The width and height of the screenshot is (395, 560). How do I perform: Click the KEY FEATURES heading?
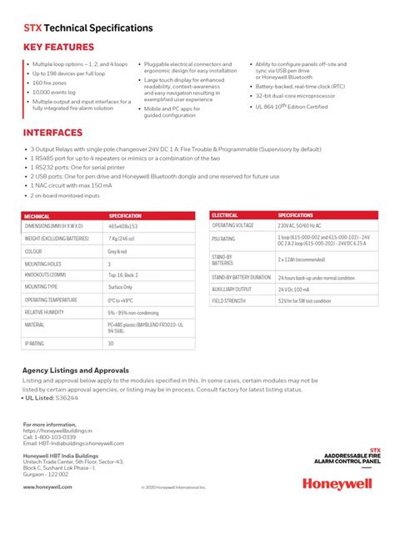coord(58,48)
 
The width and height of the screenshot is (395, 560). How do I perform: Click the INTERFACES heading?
coord(52,133)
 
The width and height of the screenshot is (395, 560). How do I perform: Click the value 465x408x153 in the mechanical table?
coord(123,226)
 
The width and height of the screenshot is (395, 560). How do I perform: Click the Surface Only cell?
coord(121,286)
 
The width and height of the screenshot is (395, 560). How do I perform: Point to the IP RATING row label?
coord(34,343)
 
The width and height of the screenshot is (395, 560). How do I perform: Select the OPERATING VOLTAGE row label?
coord(232,225)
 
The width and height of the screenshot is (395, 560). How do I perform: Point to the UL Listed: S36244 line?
coord(52,398)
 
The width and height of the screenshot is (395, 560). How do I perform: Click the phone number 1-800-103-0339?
coord(54,436)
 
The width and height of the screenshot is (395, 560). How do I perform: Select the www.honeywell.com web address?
coord(42,487)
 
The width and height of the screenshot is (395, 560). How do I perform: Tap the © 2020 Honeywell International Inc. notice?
coord(173,487)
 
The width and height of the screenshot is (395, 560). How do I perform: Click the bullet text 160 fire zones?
coord(49,83)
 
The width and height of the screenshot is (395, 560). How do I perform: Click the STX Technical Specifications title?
coord(87,28)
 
